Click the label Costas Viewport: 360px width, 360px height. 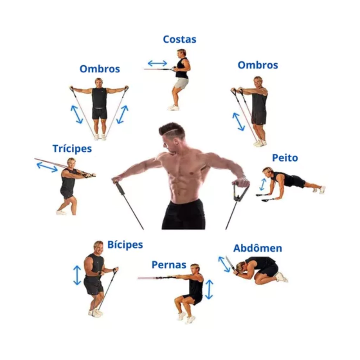coord(180,39)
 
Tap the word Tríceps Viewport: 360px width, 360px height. coord(72,149)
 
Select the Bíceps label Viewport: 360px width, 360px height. coord(125,245)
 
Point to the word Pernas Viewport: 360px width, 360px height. coord(169,265)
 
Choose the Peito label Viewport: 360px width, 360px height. coord(285,158)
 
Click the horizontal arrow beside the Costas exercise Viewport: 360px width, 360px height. coord(157,63)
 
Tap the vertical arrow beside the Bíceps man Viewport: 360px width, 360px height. coord(77,275)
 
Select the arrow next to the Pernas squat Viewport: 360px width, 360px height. coord(209,290)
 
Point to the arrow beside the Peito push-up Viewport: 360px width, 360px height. coord(263,184)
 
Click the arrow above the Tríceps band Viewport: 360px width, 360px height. coord(47,167)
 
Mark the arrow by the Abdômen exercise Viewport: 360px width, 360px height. coord(224,264)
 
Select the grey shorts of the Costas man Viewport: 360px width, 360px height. coord(181,83)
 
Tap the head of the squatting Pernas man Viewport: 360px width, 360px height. coord(195,269)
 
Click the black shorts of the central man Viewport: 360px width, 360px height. coord(184,214)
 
